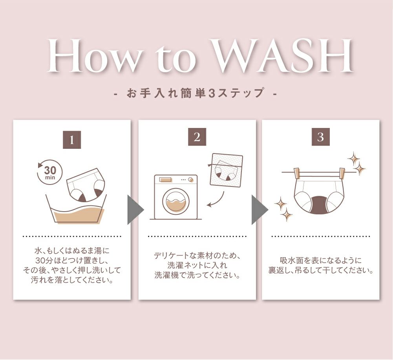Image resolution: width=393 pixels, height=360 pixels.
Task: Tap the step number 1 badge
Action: (72, 139)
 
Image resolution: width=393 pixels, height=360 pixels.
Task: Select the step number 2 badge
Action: (197, 137)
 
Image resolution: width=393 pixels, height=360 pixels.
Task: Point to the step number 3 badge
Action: (321, 137)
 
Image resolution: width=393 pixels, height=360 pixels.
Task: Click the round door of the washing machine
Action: (175, 201)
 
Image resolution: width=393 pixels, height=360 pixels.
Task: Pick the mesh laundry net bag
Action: (227, 170)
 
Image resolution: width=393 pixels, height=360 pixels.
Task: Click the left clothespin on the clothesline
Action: (297, 173)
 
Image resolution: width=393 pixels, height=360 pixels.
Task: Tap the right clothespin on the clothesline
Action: (341, 173)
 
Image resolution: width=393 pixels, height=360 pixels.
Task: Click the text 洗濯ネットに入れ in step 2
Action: (197, 265)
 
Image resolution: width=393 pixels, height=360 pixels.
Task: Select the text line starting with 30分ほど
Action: (72, 260)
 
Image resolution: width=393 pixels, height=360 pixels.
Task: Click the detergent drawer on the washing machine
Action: (165, 180)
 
